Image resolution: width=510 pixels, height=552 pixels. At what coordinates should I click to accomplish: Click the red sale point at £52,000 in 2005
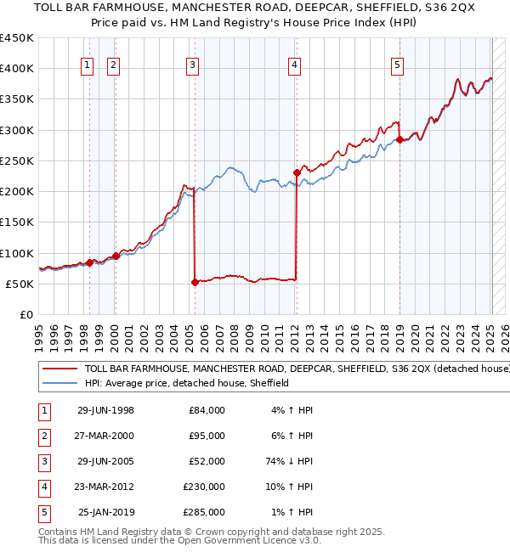[x=195, y=283]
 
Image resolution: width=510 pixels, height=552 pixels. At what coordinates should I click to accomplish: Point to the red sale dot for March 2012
[x=297, y=173]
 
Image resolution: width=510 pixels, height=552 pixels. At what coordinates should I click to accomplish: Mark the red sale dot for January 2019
[x=399, y=140]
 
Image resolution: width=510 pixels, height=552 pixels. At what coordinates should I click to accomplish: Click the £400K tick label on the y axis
[x=17, y=69]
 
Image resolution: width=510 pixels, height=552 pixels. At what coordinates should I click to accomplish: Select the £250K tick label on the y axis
[x=17, y=161]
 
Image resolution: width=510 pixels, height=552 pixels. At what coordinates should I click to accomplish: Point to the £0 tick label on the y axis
[x=25, y=314]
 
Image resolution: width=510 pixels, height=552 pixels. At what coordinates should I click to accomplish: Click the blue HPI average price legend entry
[x=187, y=384]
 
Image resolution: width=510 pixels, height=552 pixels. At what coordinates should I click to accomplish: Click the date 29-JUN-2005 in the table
[x=105, y=461]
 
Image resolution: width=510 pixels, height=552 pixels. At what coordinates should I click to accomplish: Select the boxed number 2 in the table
[x=42, y=436]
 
